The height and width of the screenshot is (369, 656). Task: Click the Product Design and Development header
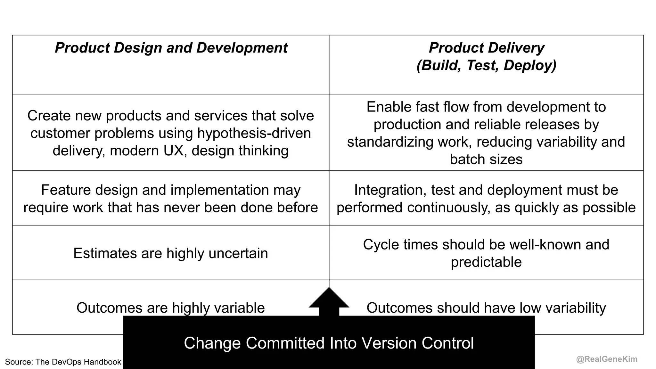[x=171, y=48]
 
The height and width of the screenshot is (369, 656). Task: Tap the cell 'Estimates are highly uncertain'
[x=170, y=253]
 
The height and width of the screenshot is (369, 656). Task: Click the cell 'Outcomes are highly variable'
[x=170, y=308]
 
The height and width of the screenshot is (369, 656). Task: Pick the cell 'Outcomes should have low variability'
[x=486, y=308]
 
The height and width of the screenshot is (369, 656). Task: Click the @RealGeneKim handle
[x=606, y=359]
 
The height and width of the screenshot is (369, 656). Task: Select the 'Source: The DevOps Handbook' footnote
[x=63, y=362]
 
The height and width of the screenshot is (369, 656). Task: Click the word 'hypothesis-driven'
[x=254, y=133]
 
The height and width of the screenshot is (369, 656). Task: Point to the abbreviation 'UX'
[x=175, y=151]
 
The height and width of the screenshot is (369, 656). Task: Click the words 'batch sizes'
[x=486, y=160]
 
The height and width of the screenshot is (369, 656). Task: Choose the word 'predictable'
[x=486, y=262]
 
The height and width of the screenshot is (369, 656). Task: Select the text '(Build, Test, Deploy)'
[x=486, y=65]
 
